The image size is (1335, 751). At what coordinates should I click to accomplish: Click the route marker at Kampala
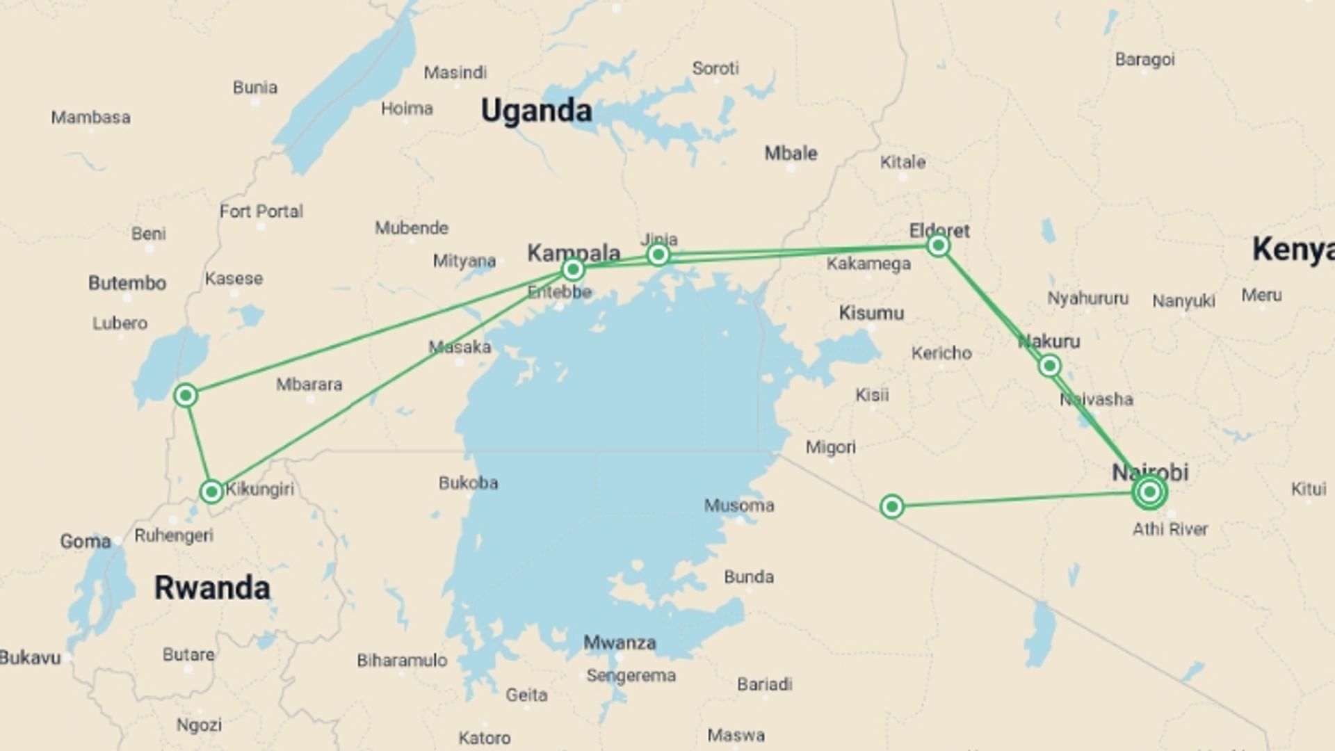tap(573, 269)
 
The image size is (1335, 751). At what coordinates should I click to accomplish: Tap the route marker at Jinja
tap(658, 255)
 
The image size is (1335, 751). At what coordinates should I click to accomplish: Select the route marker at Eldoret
tap(938, 245)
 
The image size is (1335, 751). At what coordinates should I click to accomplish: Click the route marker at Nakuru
tap(1049, 366)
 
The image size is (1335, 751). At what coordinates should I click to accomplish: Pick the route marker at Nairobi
tap(1149, 492)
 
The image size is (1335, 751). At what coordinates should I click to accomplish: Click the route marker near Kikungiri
tap(211, 492)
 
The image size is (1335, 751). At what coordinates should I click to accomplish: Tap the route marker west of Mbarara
tap(185, 396)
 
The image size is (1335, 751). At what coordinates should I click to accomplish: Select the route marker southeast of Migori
tap(891, 506)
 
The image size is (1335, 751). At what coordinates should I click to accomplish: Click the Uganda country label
tap(536, 111)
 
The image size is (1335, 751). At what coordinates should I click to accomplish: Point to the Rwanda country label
tap(212, 588)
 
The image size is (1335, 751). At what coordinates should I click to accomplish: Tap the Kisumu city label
tap(871, 313)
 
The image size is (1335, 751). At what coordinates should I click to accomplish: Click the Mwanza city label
tap(620, 643)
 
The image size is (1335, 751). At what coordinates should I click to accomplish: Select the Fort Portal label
tap(261, 211)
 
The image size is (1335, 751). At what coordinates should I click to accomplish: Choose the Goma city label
tap(86, 541)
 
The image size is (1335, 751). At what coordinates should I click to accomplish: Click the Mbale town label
tap(791, 154)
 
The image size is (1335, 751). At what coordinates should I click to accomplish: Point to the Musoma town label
tap(739, 506)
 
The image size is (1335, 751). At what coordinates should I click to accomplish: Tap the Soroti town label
tap(715, 68)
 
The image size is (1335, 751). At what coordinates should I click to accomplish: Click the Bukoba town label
tap(468, 483)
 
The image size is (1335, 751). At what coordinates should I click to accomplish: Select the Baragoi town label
tap(1144, 60)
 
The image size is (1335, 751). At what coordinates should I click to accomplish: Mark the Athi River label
tap(1170, 529)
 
